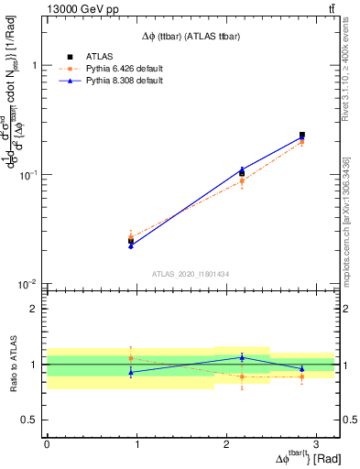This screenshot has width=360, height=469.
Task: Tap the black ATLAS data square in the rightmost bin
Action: tap(301, 135)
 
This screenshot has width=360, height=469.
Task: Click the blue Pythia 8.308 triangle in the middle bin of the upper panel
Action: tap(242, 169)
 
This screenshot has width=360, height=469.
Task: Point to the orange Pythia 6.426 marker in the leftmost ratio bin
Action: tap(131, 358)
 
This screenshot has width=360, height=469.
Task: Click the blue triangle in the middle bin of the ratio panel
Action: tap(242, 357)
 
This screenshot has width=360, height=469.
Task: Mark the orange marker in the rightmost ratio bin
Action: tap(301, 376)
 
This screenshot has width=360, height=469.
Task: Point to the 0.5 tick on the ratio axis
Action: tap(31, 420)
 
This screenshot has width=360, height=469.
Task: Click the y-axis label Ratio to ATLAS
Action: tap(12, 365)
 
